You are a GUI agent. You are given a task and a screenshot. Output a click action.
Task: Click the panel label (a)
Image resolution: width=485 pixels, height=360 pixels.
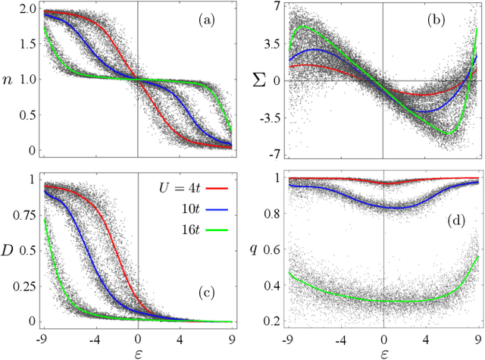tap(205, 22)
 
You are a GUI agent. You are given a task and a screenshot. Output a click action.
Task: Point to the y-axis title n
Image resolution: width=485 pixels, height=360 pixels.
tap(8, 77)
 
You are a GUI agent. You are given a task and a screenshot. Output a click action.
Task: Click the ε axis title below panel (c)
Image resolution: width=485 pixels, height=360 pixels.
tap(136, 352)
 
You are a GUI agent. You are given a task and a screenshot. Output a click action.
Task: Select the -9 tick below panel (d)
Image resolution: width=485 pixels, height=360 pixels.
tap(288, 337)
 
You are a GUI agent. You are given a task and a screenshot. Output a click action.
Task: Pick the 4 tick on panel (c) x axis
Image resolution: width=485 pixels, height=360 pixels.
tap(180, 337)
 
